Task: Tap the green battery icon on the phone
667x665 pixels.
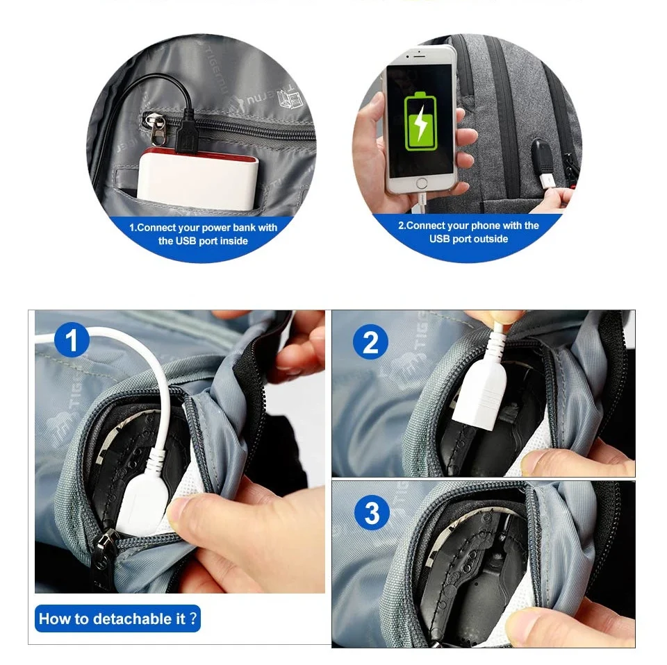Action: click(420, 121)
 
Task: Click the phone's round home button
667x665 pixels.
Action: click(422, 184)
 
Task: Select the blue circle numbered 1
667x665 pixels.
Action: click(72, 341)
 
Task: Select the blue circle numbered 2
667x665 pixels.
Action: click(370, 342)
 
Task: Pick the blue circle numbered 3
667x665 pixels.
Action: click(372, 512)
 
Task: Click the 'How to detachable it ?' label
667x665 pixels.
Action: click(117, 618)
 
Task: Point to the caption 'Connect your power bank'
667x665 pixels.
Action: click(202, 228)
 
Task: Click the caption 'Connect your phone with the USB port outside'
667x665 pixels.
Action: click(468, 232)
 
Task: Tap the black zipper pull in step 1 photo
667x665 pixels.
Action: click(104, 556)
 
